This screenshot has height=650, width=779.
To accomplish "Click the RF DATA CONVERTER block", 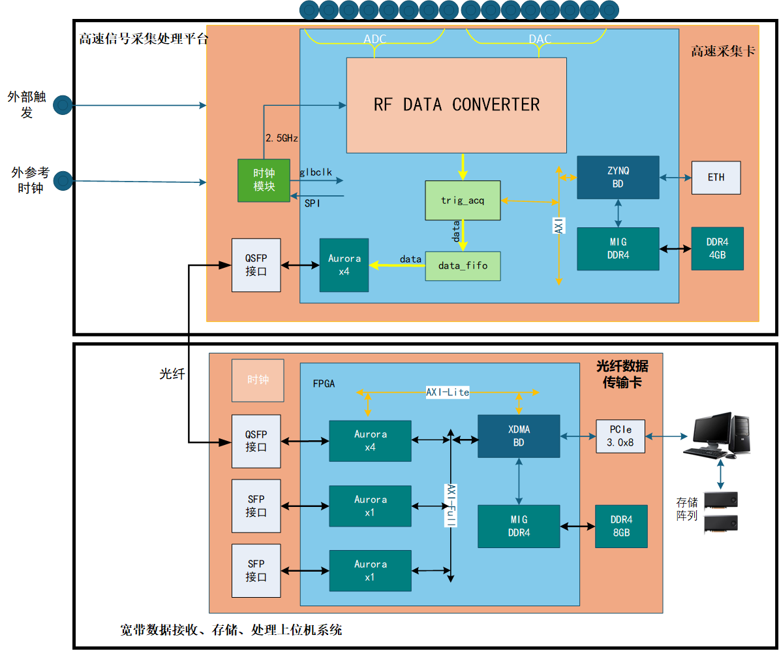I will pyautogui.click(x=456, y=105).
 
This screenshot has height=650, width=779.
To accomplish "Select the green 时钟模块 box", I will pyautogui.click(x=264, y=180).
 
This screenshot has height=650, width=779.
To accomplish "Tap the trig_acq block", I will pyautogui.click(x=462, y=201).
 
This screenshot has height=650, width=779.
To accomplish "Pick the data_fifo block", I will pyautogui.click(x=463, y=266).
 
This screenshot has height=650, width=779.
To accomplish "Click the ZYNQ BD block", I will pyautogui.click(x=617, y=177).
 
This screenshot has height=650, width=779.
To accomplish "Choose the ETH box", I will pyautogui.click(x=716, y=177).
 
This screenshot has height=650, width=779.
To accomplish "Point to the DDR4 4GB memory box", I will pyautogui.click(x=717, y=248).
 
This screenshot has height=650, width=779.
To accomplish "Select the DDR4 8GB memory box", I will pyautogui.click(x=621, y=526).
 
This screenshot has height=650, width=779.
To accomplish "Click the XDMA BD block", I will pyautogui.click(x=519, y=436).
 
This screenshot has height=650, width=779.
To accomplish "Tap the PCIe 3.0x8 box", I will pyautogui.click(x=620, y=436).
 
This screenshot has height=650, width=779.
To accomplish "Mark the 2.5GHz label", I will pyautogui.click(x=282, y=138).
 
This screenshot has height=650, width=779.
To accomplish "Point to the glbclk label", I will pyautogui.click(x=316, y=172).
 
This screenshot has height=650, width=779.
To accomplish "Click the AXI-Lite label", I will pyautogui.click(x=448, y=392).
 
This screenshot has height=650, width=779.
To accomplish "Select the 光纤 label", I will pyautogui.click(x=172, y=374).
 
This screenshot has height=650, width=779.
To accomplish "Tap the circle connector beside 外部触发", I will pyautogui.click(x=63, y=105).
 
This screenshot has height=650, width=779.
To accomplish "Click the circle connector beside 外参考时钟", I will pyautogui.click(x=63, y=180).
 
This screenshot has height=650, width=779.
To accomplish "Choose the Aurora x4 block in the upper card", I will pyautogui.click(x=344, y=265).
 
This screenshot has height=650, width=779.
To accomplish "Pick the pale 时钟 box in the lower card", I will pyautogui.click(x=258, y=380).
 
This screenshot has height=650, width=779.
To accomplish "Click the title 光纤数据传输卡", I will pyautogui.click(x=622, y=374).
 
